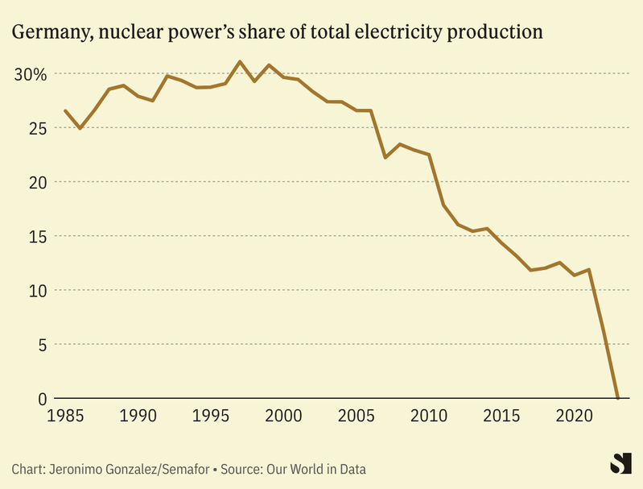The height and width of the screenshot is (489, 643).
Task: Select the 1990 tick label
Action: [138, 416]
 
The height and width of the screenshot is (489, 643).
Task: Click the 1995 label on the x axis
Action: [211, 416]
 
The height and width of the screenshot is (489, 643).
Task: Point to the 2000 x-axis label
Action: [283, 416]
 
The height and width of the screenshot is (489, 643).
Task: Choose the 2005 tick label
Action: [357, 416]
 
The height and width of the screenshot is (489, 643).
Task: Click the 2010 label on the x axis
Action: [429, 416]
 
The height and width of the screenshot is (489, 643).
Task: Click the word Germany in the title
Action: [47, 33]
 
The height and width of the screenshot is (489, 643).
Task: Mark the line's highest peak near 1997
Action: [240, 61]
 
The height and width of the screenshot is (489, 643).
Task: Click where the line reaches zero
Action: [617, 398]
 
